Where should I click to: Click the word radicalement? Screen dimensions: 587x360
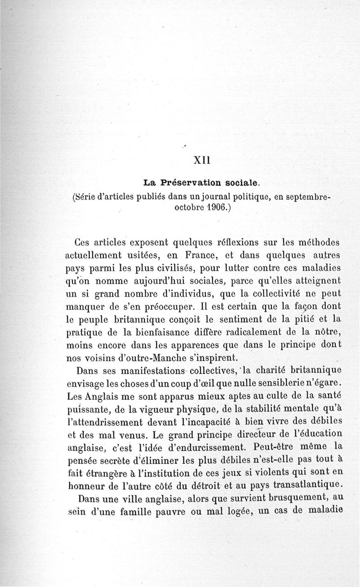tap(243, 333)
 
